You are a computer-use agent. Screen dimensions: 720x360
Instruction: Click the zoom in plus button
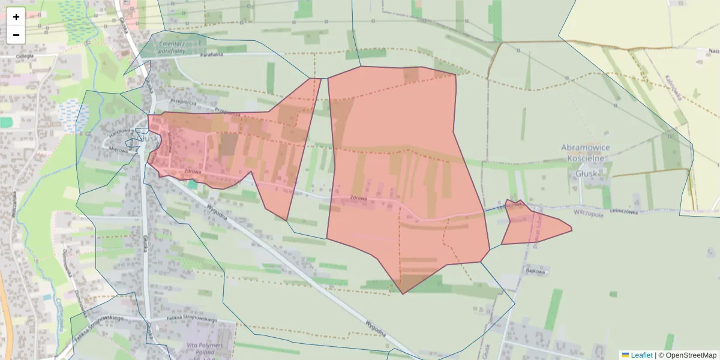click(16, 17)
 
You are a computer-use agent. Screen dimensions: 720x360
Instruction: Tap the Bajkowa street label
click(535, 271)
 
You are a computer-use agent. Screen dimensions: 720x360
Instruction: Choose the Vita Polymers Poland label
click(205, 350)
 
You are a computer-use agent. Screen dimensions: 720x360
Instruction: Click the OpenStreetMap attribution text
click(687, 355)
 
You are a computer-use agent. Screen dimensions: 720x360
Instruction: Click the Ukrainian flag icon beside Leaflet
click(625, 355)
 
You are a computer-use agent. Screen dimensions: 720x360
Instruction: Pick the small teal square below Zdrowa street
click(192, 185)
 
